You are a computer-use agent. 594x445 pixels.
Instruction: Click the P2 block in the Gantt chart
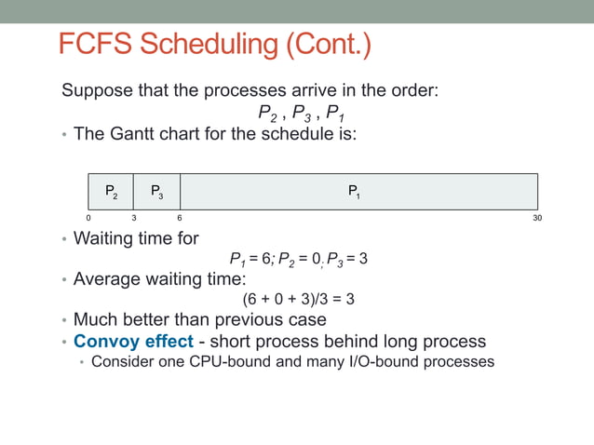pyautogui.click(x=111, y=192)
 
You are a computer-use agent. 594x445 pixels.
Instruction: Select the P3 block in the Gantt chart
pyautogui.click(x=156, y=192)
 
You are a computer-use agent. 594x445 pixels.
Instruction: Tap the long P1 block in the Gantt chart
pyautogui.click(x=358, y=192)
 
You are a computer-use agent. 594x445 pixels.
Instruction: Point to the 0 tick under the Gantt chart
pyautogui.click(x=88, y=218)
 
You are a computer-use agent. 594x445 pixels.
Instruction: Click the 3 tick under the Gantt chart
pyautogui.click(x=134, y=218)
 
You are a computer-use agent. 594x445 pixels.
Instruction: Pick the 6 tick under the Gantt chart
pyautogui.click(x=180, y=218)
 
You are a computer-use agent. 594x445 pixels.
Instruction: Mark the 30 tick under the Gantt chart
pyautogui.click(x=537, y=218)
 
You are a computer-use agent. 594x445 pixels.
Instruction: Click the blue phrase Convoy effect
pyautogui.click(x=133, y=341)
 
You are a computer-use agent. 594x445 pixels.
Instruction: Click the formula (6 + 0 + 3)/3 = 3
pyautogui.click(x=298, y=300)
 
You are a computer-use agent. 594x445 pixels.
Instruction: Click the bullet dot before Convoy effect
pyautogui.click(x=64, y=342)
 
